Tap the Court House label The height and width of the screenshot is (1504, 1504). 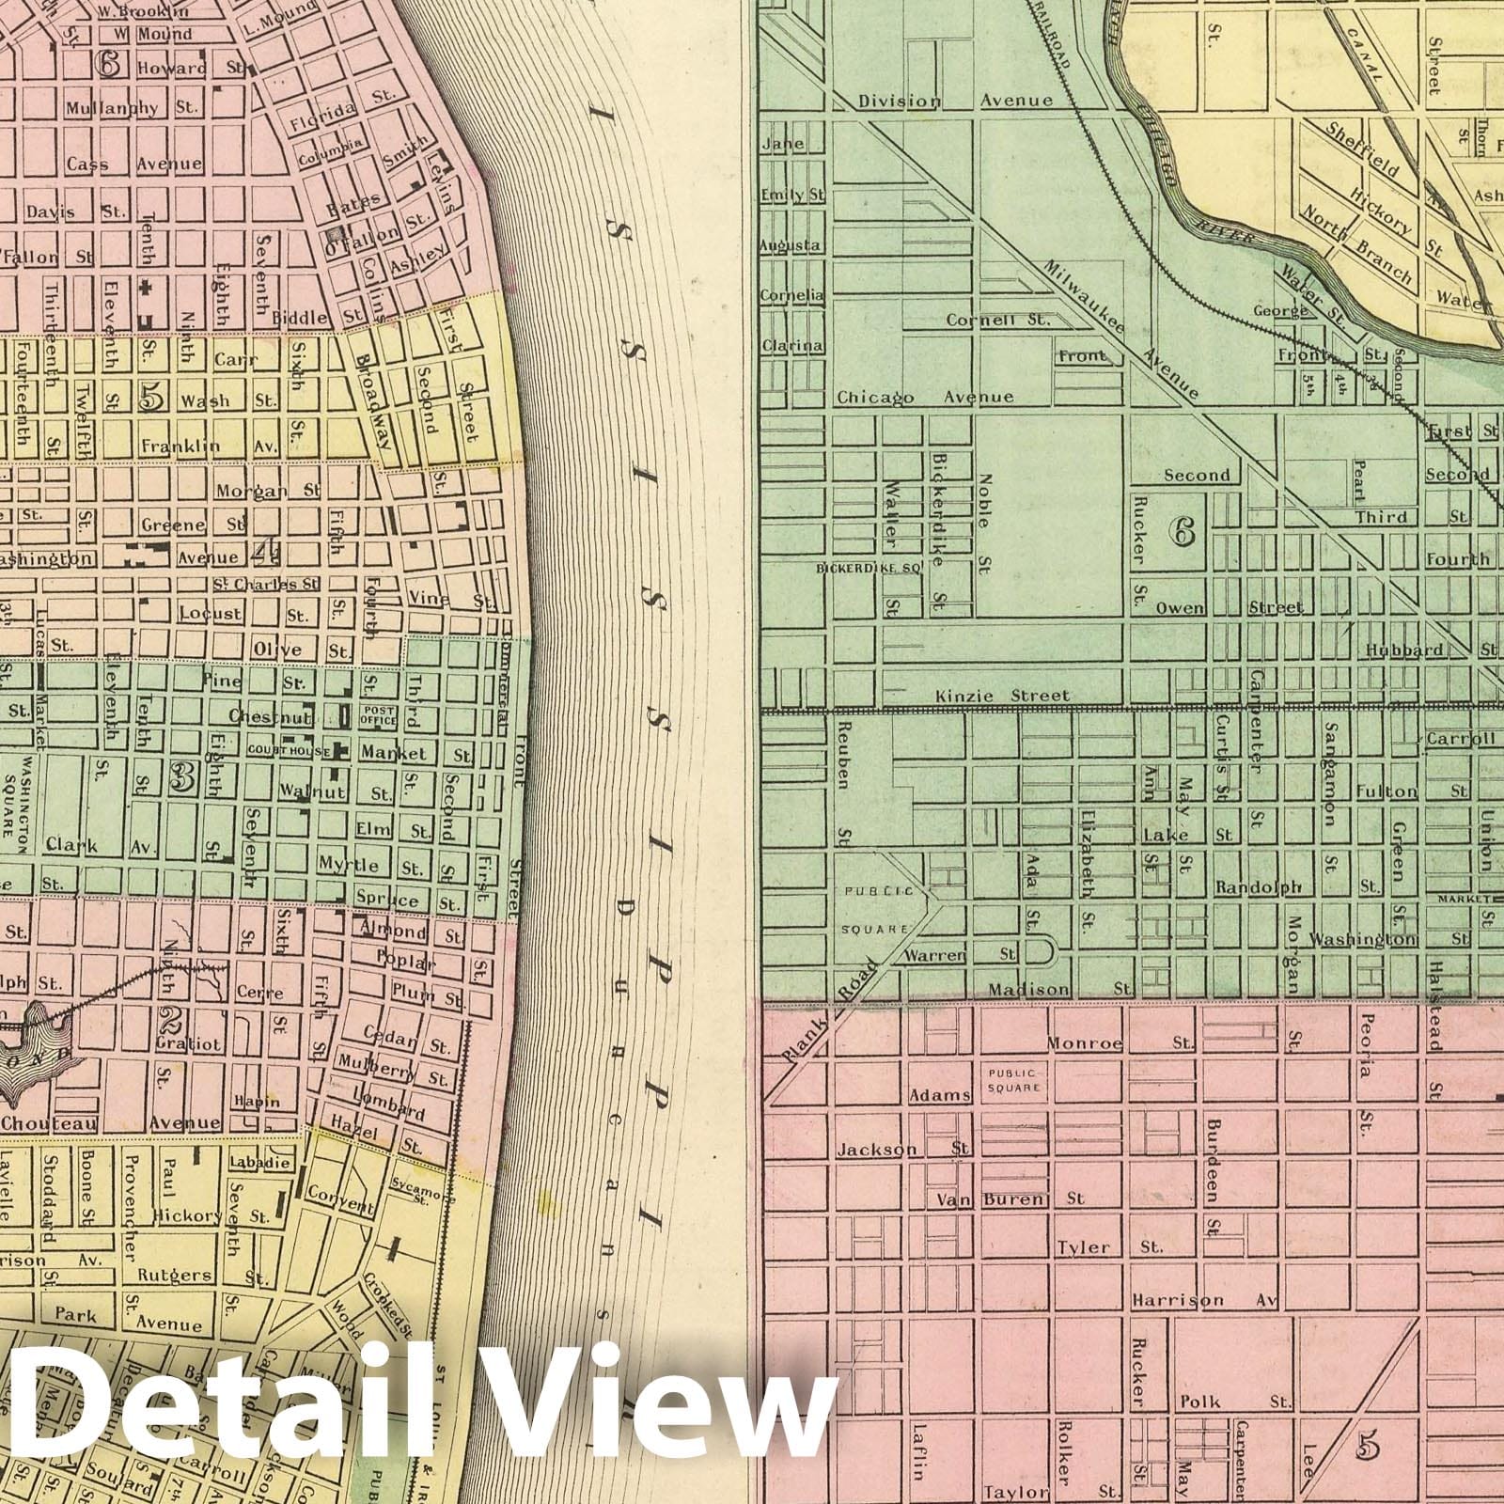[x=289, y=752]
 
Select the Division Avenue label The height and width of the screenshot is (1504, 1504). [x=955, y=100]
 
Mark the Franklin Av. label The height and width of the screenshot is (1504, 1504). [x=209, y=446]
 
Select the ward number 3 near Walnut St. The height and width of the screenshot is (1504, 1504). [x=181, y=776]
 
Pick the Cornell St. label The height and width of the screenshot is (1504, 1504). [x=996, y=320]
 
